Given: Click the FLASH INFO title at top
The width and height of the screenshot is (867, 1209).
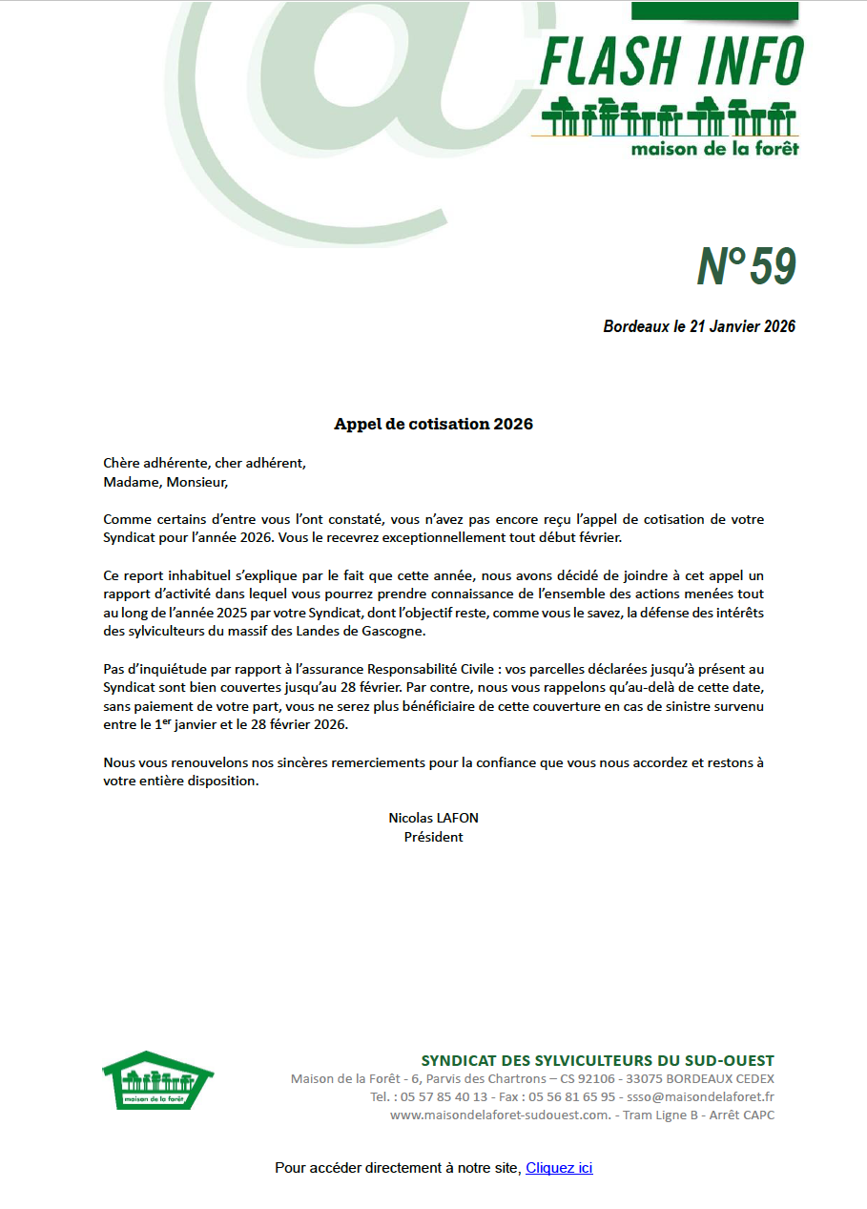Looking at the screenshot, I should point(671,63).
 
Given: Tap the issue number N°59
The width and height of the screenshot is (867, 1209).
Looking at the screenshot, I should point(745,267).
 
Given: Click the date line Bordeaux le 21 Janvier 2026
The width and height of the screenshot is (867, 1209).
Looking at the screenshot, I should point(699,326).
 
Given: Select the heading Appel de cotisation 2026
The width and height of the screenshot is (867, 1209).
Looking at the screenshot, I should point(433,424).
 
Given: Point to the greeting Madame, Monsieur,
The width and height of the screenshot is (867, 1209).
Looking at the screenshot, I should point(166,482).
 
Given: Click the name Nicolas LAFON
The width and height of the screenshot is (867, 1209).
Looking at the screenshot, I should point(433,818).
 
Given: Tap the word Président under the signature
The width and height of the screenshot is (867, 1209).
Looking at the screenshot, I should point(433,837).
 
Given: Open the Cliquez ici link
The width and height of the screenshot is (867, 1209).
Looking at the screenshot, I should point(559,1168).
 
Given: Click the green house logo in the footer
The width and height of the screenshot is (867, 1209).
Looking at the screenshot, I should point(157,1080).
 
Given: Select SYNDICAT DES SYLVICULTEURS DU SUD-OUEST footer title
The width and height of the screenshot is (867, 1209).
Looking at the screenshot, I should point(597,1061).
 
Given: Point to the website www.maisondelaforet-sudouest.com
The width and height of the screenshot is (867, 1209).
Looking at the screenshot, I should point(499,1115).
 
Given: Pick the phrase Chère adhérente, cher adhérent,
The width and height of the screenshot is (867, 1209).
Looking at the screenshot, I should point(204,464).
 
